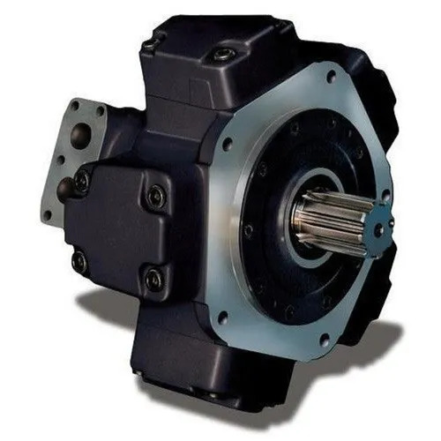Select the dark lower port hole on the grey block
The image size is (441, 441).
point(64,187)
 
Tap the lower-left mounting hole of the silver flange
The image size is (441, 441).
point(221,315)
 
